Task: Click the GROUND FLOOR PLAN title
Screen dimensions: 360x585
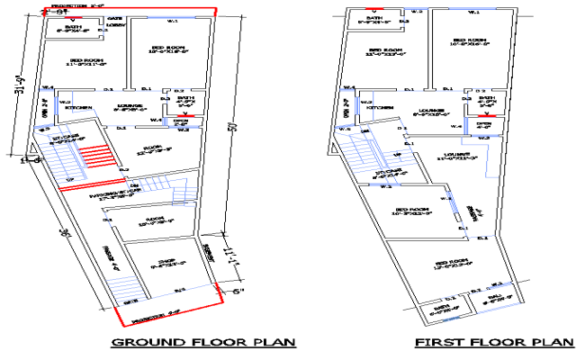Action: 202,342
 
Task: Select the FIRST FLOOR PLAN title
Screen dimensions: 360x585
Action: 493,342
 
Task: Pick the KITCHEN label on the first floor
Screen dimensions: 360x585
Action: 379,107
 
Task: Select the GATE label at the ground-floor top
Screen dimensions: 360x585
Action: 115,18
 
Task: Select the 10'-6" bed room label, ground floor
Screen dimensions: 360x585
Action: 168,51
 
